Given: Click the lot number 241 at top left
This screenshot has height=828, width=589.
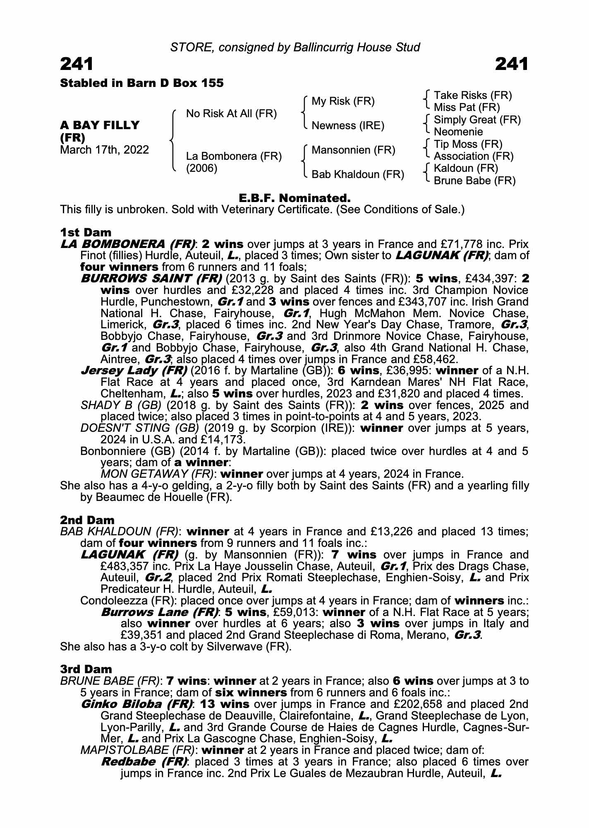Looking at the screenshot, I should click(77, 64).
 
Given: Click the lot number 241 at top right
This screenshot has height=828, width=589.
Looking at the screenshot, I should click(512, 64).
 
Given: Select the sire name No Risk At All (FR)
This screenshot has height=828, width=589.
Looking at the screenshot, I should click(231, 114).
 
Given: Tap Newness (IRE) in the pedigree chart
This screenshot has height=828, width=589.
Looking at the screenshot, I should click(348, 125).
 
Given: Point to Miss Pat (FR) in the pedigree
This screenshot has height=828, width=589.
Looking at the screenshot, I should click(467, 108).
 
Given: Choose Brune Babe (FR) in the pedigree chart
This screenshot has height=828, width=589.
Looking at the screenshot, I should click(474, 181).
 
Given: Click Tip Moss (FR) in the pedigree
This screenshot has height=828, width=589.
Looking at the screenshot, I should click(468, 144).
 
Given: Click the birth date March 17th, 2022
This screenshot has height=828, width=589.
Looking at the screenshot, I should click(104, 150).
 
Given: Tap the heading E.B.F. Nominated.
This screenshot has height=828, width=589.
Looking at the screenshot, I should click(294, 198).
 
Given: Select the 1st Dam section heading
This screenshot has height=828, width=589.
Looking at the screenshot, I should click(86, 232).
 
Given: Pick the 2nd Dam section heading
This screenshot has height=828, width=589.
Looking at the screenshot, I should click(87, 520).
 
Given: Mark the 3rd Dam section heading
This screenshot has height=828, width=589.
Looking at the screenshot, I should click(86, 669).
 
